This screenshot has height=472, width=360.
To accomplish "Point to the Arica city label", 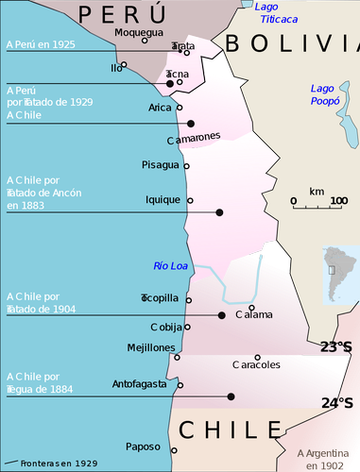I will coord(160,108).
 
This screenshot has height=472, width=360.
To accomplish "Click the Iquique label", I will coord(163,200).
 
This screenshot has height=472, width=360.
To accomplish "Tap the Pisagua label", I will coord(159,165).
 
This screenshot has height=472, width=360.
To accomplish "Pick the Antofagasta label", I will coord(139,383).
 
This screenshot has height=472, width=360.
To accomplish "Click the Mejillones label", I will coord(151,347).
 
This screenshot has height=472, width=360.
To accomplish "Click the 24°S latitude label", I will coord(337,403).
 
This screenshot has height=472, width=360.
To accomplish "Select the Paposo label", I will coord(143,447).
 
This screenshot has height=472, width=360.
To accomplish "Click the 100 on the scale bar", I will coord(338,200).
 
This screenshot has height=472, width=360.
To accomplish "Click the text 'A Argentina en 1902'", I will coord(326,459).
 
